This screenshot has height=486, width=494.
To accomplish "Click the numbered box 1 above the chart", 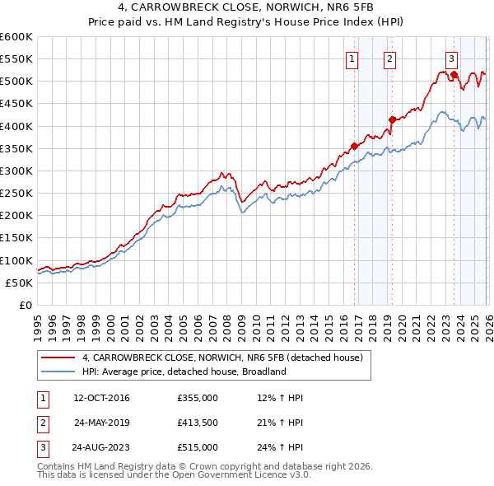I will point(352,58).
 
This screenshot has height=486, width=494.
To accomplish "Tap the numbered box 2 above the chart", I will point(389,58).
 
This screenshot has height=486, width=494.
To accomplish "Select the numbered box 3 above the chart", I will point(452,58).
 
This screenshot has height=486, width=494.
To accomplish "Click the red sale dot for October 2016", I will point(354,147).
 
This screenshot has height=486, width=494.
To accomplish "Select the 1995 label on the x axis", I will point(38,321).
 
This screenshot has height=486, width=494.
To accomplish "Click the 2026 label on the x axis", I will point(487,321).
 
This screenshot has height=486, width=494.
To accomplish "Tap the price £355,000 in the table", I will point(197,398).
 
